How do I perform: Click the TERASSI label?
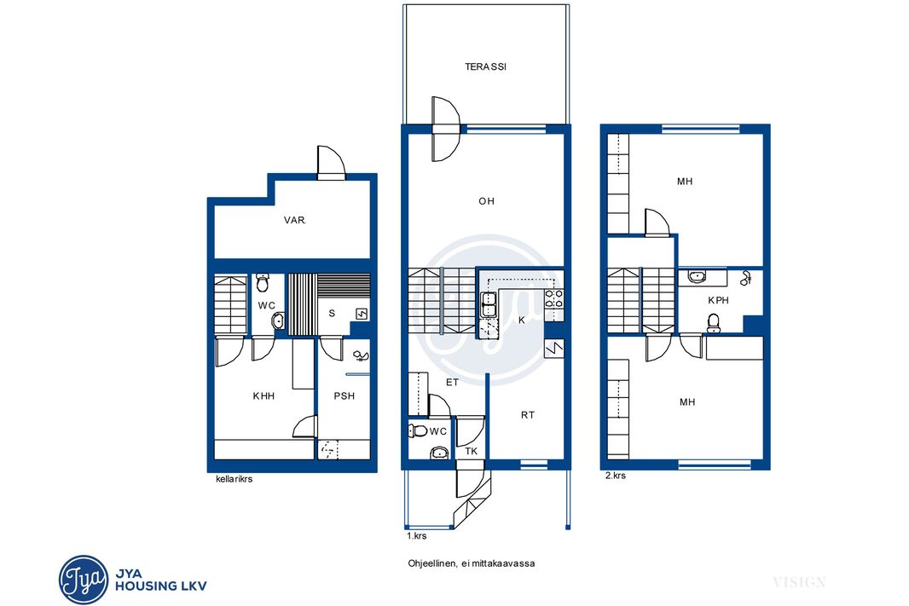[x=485, y=66]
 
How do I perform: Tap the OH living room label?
[x=486, y=201]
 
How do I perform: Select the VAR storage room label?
[x=294, y=220]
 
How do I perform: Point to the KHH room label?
[x=263, y=396]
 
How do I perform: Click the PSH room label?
[x=344, y=396]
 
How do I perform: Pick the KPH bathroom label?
[x=718, y=300]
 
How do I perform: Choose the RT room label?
[x=528, y=415]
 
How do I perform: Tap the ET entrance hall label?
[x=452, y=383]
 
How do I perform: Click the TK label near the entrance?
[x=472, y=451]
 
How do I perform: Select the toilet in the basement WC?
[x=263, y=283]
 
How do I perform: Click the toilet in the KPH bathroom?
[x=714, y=323]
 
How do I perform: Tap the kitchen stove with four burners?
[x=553, y=297]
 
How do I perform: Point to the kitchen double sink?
[x=488, y=304]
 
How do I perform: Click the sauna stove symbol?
[x=362, y=314]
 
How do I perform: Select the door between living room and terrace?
[x=445, y=129]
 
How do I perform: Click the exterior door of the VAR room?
[x=331, y=163]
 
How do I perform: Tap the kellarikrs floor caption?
[x=234, y=479]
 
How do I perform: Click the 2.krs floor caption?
[x=616, y=476]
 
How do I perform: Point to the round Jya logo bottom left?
[x=84, y=580]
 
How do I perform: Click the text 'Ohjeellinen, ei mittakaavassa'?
[x=472, y=563]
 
